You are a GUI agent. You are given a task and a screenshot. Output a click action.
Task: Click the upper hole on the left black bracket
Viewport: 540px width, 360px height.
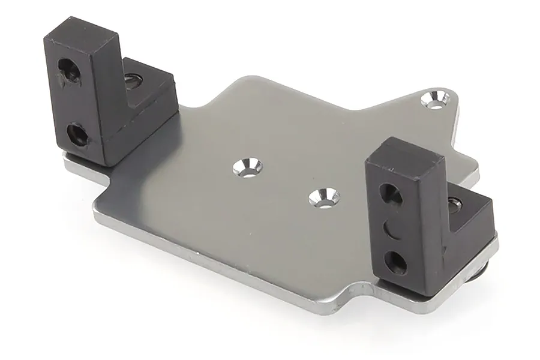[70, 71]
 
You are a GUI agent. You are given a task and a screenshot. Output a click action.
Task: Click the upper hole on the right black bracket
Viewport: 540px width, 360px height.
[389, 193]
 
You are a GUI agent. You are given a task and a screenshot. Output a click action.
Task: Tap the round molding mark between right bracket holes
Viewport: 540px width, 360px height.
[391, 228]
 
